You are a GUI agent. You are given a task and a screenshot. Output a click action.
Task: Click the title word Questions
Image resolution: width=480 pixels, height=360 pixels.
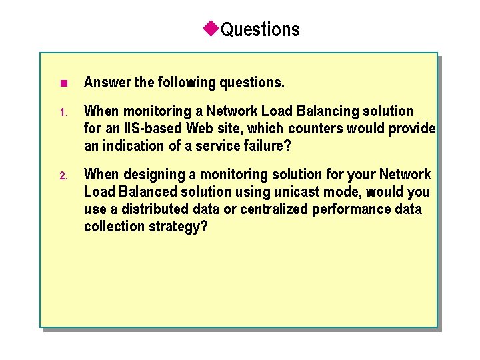260,30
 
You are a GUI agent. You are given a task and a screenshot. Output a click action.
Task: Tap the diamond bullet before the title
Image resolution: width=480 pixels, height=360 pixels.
211,28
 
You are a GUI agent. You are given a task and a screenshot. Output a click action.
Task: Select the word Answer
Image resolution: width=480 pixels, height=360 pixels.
107,83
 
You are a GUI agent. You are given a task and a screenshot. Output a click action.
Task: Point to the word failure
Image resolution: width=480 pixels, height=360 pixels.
267,145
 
